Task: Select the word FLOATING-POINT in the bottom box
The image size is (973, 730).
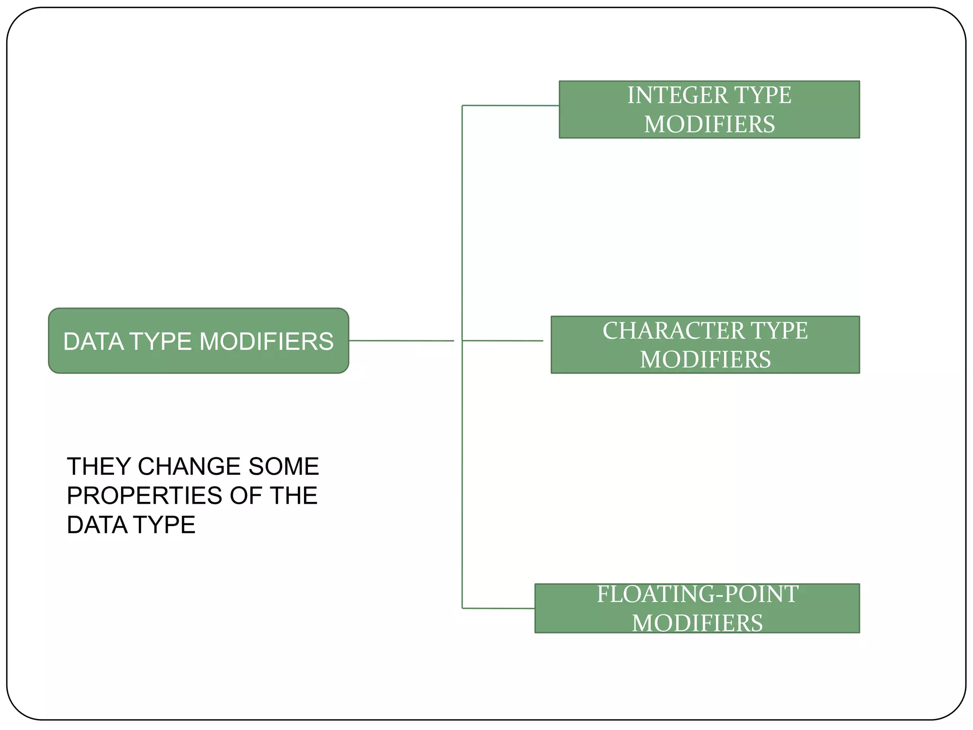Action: [697, 594]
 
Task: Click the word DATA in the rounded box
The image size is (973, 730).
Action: [94, 342]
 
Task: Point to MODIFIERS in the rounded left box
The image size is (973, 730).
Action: [267, 342]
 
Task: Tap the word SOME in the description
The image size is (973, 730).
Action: [283, 466]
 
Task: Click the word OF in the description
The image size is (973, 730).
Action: [246, 496]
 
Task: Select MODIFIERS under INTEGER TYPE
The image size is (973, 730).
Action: [709, 125]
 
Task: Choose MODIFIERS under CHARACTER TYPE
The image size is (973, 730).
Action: [705, 360]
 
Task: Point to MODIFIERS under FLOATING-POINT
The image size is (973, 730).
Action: [697, 623]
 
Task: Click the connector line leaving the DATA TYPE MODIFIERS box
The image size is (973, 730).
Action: [401, 341]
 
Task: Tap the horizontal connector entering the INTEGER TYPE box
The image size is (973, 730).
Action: [511, 106]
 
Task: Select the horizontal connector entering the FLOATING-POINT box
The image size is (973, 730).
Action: [498, 608]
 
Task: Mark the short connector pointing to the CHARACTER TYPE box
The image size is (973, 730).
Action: [503, 341]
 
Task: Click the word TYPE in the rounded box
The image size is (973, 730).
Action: [160, 342]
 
